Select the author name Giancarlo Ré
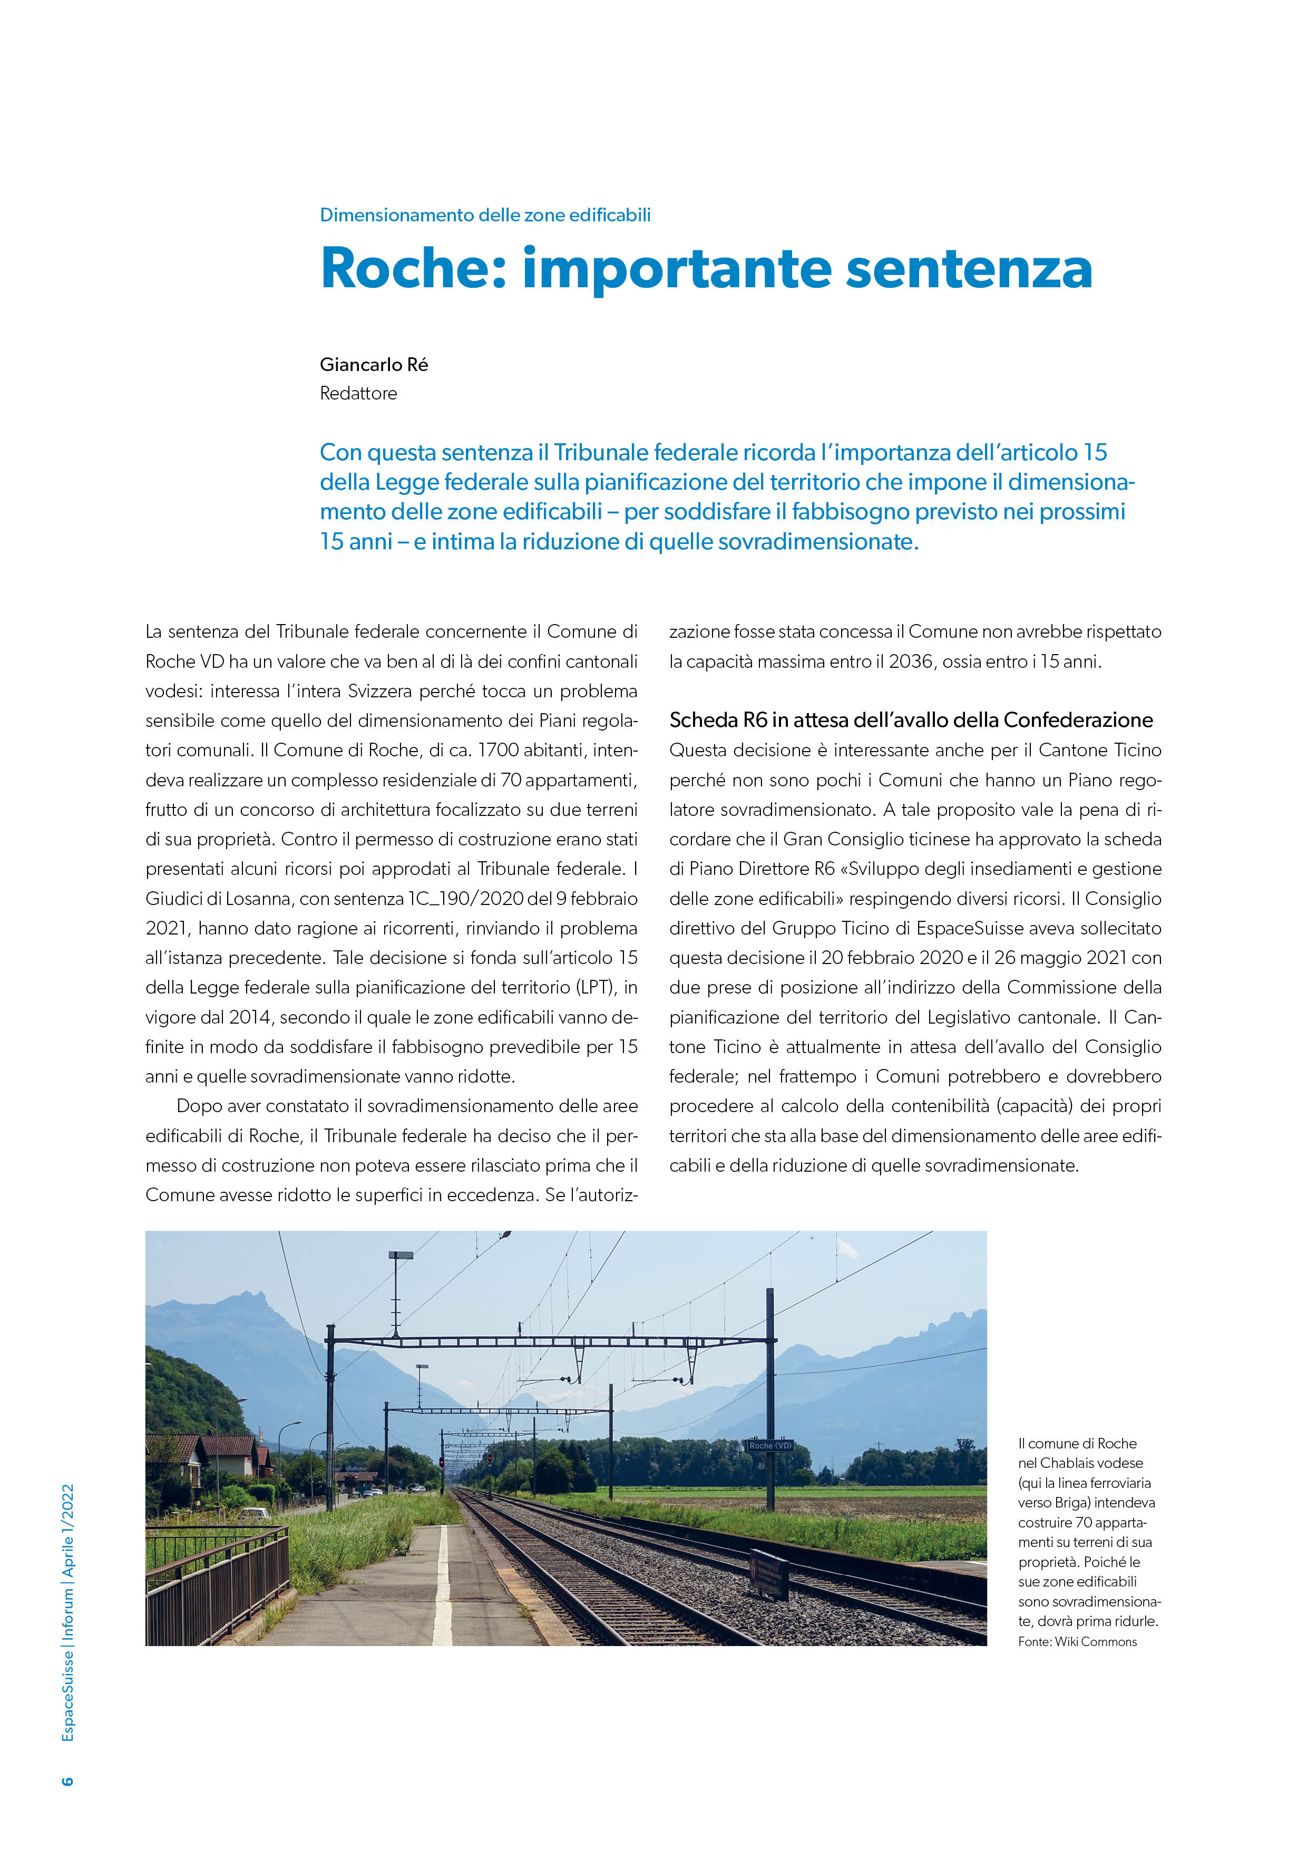tap(374, 365)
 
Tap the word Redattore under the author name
tap(358, 394)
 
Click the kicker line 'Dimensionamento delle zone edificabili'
tap(485, 215)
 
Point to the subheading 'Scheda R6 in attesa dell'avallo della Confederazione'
tap(911, 720)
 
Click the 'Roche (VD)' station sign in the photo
tap(770, 1446)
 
